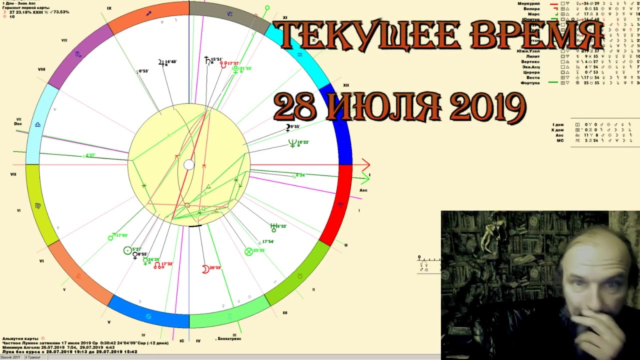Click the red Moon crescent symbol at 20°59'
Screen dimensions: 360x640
(x=205, y=269)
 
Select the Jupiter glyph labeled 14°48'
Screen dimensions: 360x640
(x=161, y=62)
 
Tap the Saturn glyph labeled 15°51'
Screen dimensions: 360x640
(x=207, y=60)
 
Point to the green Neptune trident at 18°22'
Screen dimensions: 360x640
(x=292, y=143)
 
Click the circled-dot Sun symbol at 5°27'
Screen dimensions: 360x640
(x=127, y=250)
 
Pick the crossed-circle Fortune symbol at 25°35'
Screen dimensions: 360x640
(x=248, y=251)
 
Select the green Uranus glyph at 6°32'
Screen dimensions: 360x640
(x=273, y=227)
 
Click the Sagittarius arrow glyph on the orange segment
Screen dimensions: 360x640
(x=148, y=13)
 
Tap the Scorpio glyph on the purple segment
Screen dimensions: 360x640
(x=78, y=54)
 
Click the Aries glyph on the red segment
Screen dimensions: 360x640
(x=341, y=205)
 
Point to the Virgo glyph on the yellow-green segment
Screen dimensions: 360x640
(x=37, y=205)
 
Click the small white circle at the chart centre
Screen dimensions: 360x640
(x=188, y=165)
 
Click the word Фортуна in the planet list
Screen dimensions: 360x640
(x=529, y=83)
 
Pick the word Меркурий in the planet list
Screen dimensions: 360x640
(x=528, y=3)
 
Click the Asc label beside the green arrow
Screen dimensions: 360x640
(x=363, y=190)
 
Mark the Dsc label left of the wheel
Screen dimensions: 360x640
(x=18, y=123)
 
